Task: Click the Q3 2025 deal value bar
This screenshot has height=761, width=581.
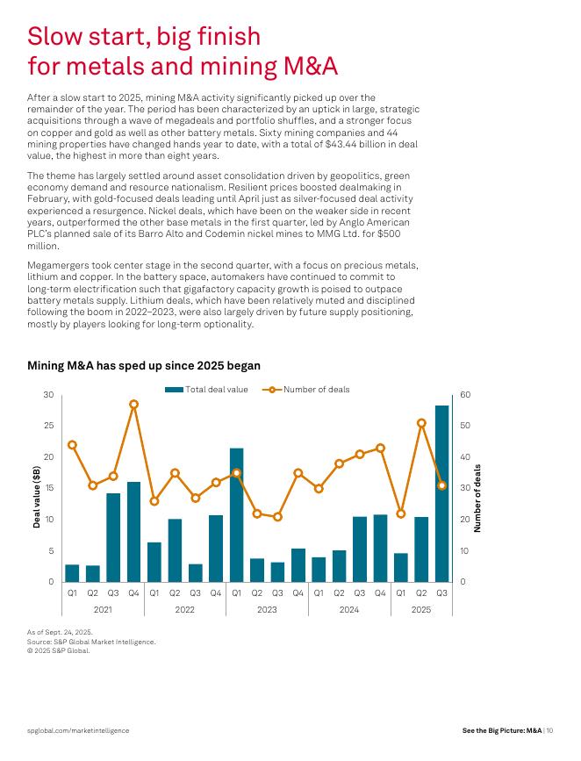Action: [x=441, y=493]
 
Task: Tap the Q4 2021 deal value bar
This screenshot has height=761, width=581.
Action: [x=133, y=531]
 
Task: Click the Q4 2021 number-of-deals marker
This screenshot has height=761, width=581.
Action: [x=133, y=405]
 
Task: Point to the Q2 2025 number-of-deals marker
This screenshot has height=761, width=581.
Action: [x=421, y=423]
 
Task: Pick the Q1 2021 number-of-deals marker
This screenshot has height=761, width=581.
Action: [x=72, y=445]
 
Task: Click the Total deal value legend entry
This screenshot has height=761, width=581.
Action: [x=207, y=390]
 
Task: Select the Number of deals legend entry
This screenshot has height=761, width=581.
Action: [x=305, y=390]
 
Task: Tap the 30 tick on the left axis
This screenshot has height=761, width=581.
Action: [x=49, y=396]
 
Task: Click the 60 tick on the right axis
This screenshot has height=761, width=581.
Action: [x=465, y=396]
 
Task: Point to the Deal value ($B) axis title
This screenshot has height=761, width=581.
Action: [x=37, y=497]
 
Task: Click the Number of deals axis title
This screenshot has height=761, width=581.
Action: [x=477, y=498]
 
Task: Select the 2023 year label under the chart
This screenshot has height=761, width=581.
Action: [x=267, y=608]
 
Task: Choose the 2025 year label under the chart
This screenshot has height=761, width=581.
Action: [x=421, y=608]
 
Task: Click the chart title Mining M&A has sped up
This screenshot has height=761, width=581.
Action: [x=144, y=365]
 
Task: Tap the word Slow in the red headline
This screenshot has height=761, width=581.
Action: [x=57, y=36]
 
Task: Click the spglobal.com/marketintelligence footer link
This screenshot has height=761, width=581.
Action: [x=78, y=730]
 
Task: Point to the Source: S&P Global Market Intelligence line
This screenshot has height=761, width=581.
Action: [x=91, y=642]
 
